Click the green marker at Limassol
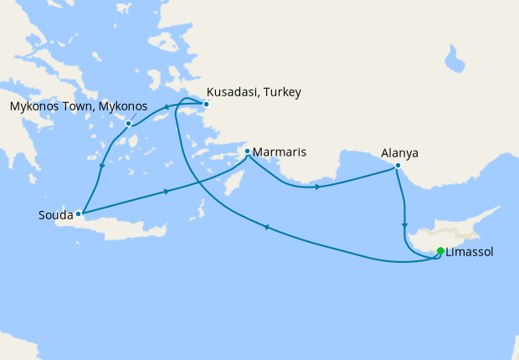coord(440,250)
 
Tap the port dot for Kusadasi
coord(206,105)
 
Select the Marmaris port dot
coord(247,152)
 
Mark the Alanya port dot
coord(398,166)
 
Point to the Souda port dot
coord(79,213)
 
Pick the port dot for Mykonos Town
coord(128,124)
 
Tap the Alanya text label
coord(399,153)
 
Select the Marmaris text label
coord(279,152)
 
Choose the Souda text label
coord(56,215)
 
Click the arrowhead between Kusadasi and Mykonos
coord(166,106)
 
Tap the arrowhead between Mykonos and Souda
coord(102,165)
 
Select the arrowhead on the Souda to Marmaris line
coord(167,192)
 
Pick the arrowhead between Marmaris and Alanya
coord(317,187)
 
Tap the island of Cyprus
coord(465,230)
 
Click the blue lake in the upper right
coord(455,59)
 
